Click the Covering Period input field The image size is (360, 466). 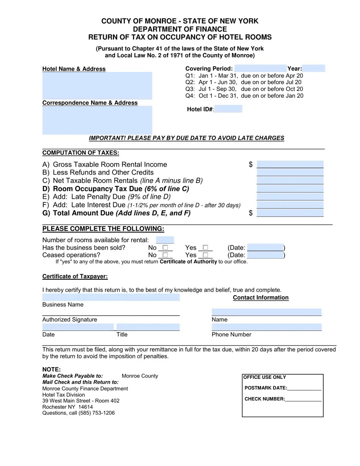coord(260,69)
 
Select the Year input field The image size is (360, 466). coord(314,69)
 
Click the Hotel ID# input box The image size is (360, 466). coord(228,109)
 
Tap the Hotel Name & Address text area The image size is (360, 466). coord(97,86)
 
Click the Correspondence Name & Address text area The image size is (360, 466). coord(97,120)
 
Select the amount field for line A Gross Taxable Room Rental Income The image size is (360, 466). coord(290,164)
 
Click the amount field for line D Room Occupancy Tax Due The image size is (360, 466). coord(290,189)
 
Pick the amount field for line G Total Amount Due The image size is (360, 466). coord(290,213)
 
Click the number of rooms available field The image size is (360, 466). coord(165,240)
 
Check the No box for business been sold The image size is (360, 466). coord(165,248)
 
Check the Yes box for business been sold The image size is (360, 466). coord(205,248)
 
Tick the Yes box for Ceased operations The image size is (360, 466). coord(205,255)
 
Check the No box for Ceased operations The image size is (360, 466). coord(165,255)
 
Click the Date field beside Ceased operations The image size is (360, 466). coord(265,255)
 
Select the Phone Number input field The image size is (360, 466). coord(266,327)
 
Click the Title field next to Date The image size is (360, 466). coord(148,327)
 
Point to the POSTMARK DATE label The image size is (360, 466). coord(266,388)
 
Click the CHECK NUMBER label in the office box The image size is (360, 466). coord(265,399)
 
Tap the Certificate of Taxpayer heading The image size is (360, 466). coord(75,277)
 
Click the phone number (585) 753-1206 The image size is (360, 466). coord(97,413)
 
